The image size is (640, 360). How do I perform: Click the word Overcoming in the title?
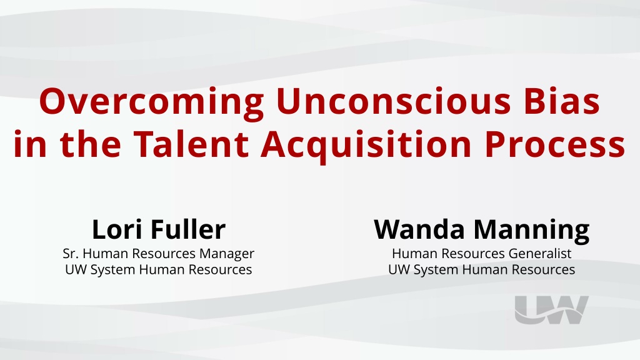[151, 102]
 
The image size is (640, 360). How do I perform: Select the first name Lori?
[118, 229]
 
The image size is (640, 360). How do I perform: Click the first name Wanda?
[419, 229]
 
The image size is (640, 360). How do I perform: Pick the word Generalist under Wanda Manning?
[540, 254]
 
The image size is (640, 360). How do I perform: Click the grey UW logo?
[551, 310]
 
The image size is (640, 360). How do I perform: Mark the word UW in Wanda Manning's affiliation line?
[399, 270]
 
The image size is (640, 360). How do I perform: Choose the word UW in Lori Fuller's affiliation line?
[76, 270]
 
